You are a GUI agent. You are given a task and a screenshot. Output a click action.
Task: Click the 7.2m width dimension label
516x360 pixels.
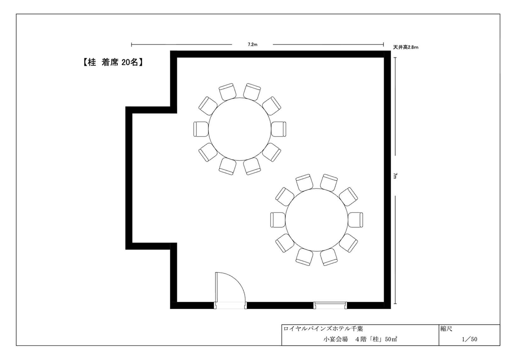tap(252, 44)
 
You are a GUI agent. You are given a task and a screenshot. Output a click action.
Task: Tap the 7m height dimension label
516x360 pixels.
tap(395, 176)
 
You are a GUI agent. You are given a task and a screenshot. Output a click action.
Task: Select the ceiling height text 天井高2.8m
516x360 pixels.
tap(406, 47)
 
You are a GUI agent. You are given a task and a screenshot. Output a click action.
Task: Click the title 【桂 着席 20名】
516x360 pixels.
tap(113, 62)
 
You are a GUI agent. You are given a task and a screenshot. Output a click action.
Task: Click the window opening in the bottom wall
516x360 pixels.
tap(330, 305)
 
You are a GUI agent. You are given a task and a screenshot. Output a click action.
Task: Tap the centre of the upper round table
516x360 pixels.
tap(240, 129)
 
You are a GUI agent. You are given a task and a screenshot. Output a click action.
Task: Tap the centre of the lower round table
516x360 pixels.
tap(317, 220)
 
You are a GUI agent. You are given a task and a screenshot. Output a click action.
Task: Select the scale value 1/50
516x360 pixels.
tap(469, 339)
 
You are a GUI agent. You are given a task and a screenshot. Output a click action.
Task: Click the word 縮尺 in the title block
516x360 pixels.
tap(446, 329)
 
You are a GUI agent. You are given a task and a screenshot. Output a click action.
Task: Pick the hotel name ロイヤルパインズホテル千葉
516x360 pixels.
tap(323, 329)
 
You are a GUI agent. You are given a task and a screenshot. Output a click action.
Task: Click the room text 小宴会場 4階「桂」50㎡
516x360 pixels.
tap(360, 339)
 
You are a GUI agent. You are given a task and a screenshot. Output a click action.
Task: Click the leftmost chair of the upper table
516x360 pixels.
tap(201, 129)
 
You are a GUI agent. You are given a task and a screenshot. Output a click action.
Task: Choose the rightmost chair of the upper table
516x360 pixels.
tap(278, 129)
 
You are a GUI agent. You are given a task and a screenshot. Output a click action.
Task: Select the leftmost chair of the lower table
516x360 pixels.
tap(278, 220)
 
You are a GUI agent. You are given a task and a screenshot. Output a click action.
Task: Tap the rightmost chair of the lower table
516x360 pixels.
tap(356, 220)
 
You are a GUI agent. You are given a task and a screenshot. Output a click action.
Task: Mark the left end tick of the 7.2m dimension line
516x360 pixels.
tap(132, 44)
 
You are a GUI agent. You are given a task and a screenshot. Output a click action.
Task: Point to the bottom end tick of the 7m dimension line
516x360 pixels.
tap(395, 304)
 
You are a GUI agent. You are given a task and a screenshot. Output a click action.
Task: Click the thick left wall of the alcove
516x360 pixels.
tap(129, 178)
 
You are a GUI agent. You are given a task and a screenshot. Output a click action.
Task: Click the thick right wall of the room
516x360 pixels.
tap(387, 180)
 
